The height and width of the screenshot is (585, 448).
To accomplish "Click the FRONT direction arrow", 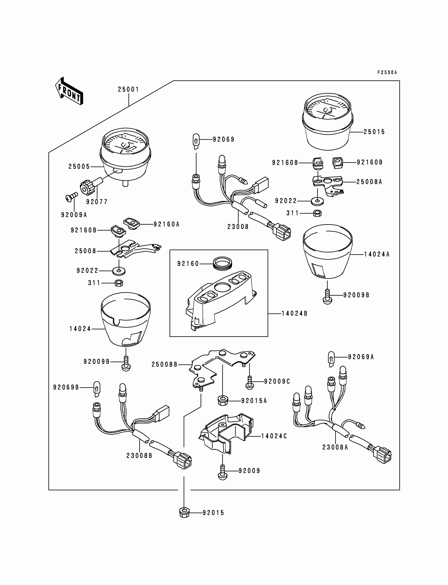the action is tap(69, 91).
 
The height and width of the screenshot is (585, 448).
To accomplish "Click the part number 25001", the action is tap(129, 89).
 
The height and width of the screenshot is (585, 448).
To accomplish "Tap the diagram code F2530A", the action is tap(387, 72).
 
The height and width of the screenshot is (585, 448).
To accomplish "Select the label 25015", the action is tap(374, 132).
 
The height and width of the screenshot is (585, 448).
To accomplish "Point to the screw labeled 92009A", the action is tap(71, 198).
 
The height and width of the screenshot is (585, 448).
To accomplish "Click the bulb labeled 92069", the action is tap(196, 142).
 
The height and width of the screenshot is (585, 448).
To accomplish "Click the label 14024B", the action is tap(295, 314).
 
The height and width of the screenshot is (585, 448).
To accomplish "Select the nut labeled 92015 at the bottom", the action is tap(184, 513).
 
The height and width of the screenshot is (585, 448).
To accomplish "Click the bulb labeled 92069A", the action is tap(331, 359).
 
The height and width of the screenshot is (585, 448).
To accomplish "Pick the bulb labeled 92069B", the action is tap(97, 389).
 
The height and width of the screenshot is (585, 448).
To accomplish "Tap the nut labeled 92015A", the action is tap(223, 401).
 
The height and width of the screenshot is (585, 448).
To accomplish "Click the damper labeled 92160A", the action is tap(132, 223).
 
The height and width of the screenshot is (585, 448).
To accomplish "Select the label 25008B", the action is tap(164, 364).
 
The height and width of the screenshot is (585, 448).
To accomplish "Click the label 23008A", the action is tap(335, 447).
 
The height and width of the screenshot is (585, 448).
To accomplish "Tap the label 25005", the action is tap(79, 167).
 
